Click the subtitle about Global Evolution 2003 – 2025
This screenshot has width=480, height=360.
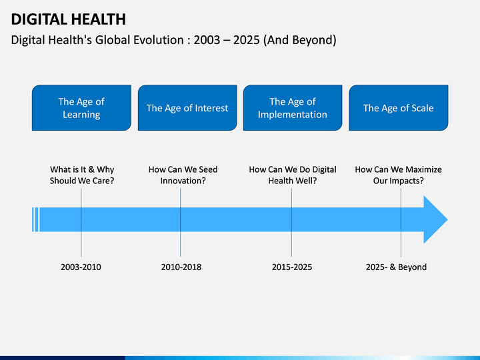point(174,40)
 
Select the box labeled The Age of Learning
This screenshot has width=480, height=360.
point(81,108)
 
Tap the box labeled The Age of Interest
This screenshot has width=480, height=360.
point(187,108)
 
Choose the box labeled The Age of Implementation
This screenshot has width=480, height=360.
point(293,108)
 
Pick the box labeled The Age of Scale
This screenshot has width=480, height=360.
point(398,108)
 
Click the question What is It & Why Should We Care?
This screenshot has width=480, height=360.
point(82,175)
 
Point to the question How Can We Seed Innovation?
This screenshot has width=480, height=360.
point(183,175)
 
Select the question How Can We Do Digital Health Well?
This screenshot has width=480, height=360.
point(293,175)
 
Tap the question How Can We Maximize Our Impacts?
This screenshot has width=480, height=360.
point(398,175)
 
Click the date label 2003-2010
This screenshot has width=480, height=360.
point(81,267)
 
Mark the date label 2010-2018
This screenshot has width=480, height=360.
point(181,267)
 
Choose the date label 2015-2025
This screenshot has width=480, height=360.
point(291,267)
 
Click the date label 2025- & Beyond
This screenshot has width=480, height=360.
point(396,267)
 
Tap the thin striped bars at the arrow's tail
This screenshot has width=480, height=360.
point(35,219)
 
